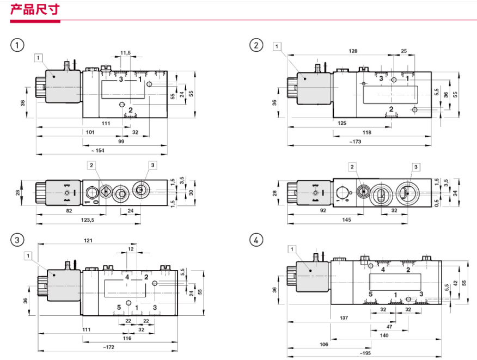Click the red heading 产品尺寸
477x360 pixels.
(x=35, y=9)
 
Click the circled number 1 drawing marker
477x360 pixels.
(x=17, y=45)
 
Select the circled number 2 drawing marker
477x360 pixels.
(x=256, y=45)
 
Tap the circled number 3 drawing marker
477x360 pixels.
(x=17, y=240)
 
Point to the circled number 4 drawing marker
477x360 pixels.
(x=256, y=240)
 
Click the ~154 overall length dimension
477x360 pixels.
(x=97, y=150)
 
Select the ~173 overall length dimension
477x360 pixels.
(x=355, y=142)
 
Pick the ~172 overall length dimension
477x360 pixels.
(x=108, y=347)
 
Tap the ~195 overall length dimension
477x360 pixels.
(x=365, y=353)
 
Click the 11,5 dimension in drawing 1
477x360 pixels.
(x=125, y=53)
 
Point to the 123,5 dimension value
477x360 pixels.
(x=87, y=219)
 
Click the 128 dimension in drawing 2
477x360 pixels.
(x=353, y=51)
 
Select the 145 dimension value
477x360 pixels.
(x=346, y=219)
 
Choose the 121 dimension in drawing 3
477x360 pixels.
(x=88, y=240)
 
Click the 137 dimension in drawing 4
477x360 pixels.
(x=344, y=318)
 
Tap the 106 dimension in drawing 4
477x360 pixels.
(x=323, y=344)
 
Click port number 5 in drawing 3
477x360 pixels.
(x=119, y=307)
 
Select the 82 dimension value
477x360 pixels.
(x=69, y=211)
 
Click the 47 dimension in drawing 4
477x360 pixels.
(x=389, y=327)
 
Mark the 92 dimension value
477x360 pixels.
(x=323, y=210)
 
